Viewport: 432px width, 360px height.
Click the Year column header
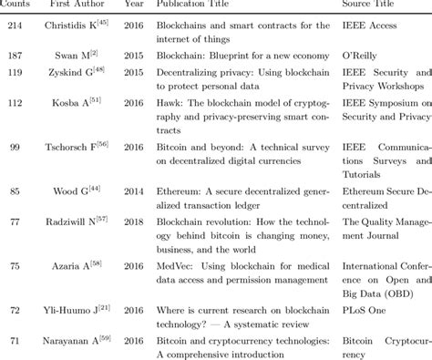pos(134,5)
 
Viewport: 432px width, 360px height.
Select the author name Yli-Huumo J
pos(78,310)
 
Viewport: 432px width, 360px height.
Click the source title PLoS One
pos(365,310)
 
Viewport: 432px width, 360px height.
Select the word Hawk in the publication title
pos(170,105)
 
